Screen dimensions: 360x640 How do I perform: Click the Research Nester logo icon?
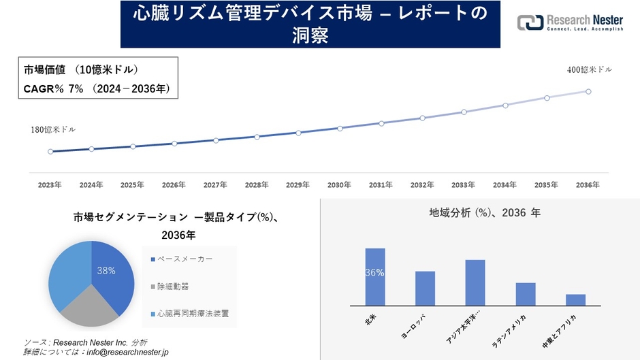tap(530, 23)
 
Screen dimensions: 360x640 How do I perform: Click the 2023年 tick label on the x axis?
tap(50, 184)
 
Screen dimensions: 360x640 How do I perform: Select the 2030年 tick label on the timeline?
tap(339, 184)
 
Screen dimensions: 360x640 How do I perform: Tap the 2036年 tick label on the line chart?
tap(588, 184)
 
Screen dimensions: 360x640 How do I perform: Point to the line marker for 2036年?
tap(588, 91)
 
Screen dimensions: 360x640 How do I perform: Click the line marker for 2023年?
tap(50, 152)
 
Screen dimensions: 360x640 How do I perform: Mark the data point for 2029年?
tap(298, 133)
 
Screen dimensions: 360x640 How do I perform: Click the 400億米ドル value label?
tap(590, 70)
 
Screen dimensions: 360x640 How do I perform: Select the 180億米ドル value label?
tap(53, 129)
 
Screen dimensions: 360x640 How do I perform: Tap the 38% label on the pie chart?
tap(106, 270)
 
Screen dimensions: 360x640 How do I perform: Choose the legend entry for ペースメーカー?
tap(185, 259)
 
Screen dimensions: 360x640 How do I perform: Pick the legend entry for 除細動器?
tap(173, 287)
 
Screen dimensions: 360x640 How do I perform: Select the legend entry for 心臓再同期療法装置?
tap(193, 314)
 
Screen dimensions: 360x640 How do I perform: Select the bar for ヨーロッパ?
tap(425, 289)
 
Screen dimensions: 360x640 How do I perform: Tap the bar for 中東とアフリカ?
tap(575, 300)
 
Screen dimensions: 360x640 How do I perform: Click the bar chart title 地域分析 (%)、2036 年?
tap(485, 213)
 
